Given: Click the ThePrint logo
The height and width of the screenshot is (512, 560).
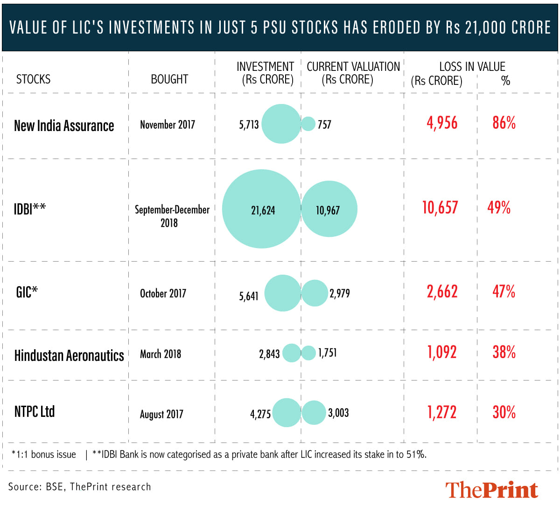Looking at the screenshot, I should (x=491, y=490).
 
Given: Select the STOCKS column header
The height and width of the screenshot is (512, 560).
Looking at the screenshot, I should (x=33, y=79).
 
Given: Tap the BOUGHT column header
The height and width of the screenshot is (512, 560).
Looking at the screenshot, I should (x=169, y=79).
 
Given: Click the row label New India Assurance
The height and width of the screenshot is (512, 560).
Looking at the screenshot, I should (x=64, y=125).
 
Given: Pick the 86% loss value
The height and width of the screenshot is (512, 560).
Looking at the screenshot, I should (x=504, y=123).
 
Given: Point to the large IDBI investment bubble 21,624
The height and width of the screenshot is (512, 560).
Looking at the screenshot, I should (x=261, y=209).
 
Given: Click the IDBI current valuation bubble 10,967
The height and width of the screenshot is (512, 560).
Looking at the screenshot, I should (x=329, y=209).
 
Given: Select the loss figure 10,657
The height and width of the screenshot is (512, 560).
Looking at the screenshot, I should (x=440, y=208).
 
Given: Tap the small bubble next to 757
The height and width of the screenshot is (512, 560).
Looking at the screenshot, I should (x=308, y=124).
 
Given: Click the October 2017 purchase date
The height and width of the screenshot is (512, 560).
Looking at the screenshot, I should (x=163, y=293).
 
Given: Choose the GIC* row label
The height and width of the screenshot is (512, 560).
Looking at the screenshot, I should (x=27, y=292).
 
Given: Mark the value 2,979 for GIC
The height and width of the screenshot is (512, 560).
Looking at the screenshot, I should (x=339, y=293).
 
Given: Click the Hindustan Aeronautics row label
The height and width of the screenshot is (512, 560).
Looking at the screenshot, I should (x=69, y=355).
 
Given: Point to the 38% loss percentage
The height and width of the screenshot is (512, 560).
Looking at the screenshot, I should (x=504, y=352).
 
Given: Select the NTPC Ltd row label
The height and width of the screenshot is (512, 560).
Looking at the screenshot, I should (x=35, y=412).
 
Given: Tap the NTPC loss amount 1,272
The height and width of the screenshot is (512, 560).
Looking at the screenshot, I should (x=441, y=412).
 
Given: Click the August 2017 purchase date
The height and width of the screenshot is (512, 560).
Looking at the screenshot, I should (x=161, y=414).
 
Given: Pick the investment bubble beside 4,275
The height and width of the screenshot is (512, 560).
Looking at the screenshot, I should (x=287, y=413).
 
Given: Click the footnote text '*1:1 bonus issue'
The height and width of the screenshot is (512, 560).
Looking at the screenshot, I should (x=43, y=455).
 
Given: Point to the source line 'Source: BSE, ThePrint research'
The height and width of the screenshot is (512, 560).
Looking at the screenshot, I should (x=79, y=487).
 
